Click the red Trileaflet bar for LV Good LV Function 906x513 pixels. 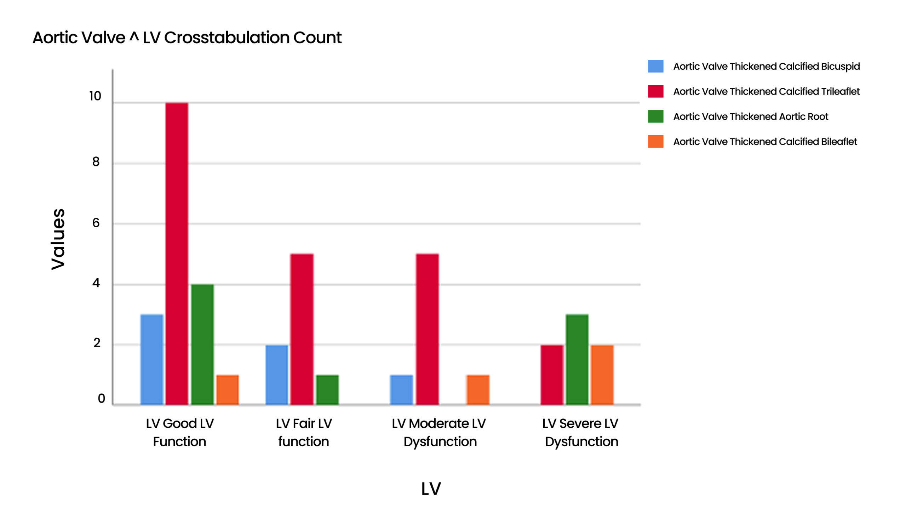[177, 253]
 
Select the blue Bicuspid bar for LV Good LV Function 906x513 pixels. [151, 359]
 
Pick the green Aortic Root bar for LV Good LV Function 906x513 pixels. [202, 344]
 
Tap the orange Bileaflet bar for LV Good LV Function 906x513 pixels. [228, 389]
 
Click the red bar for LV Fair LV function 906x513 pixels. [302, 329]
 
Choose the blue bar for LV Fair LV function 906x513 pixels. [277, 374]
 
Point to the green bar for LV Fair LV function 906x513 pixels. [327, 389]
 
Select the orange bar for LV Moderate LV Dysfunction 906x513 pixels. [478, 389]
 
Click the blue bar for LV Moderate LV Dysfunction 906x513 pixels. [401, 389]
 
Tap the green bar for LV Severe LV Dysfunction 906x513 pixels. [577, 359]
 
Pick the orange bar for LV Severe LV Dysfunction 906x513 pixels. [602, 374]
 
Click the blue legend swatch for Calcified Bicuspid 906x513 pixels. [655, 66]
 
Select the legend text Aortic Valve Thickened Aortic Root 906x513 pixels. [750, 116]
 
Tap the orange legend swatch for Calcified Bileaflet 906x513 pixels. [655, 142]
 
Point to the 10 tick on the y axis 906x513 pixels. [95, 96]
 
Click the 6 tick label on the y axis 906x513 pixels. [96, 223]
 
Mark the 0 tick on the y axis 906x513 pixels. [101, 399]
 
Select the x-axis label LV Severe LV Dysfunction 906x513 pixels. [580, 432]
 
